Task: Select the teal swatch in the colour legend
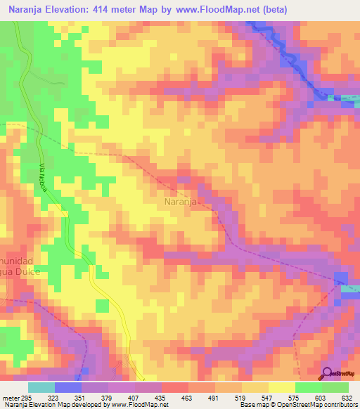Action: (41, 387)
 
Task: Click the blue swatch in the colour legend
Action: (67, 387)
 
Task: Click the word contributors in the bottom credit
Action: (337, 405)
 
